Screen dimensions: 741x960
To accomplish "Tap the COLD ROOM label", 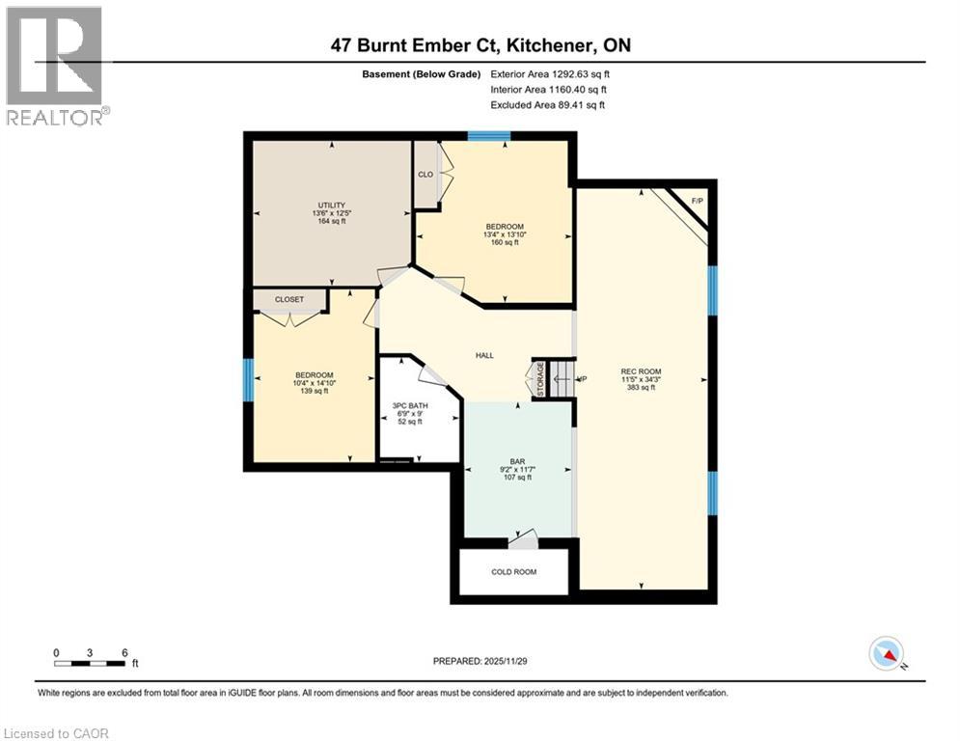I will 513,572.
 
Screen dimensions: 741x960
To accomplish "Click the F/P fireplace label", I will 698,202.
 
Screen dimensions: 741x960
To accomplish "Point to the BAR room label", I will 516,461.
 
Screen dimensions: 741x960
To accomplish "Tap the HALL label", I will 484,355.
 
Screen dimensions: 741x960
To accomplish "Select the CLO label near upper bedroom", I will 425,175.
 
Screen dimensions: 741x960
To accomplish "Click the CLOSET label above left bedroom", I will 288,300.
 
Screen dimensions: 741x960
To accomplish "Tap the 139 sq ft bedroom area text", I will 315,393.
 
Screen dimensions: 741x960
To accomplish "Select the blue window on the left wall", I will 248,379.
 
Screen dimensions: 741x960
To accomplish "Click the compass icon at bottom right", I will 886,654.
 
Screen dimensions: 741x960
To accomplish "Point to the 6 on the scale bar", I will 124,652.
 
